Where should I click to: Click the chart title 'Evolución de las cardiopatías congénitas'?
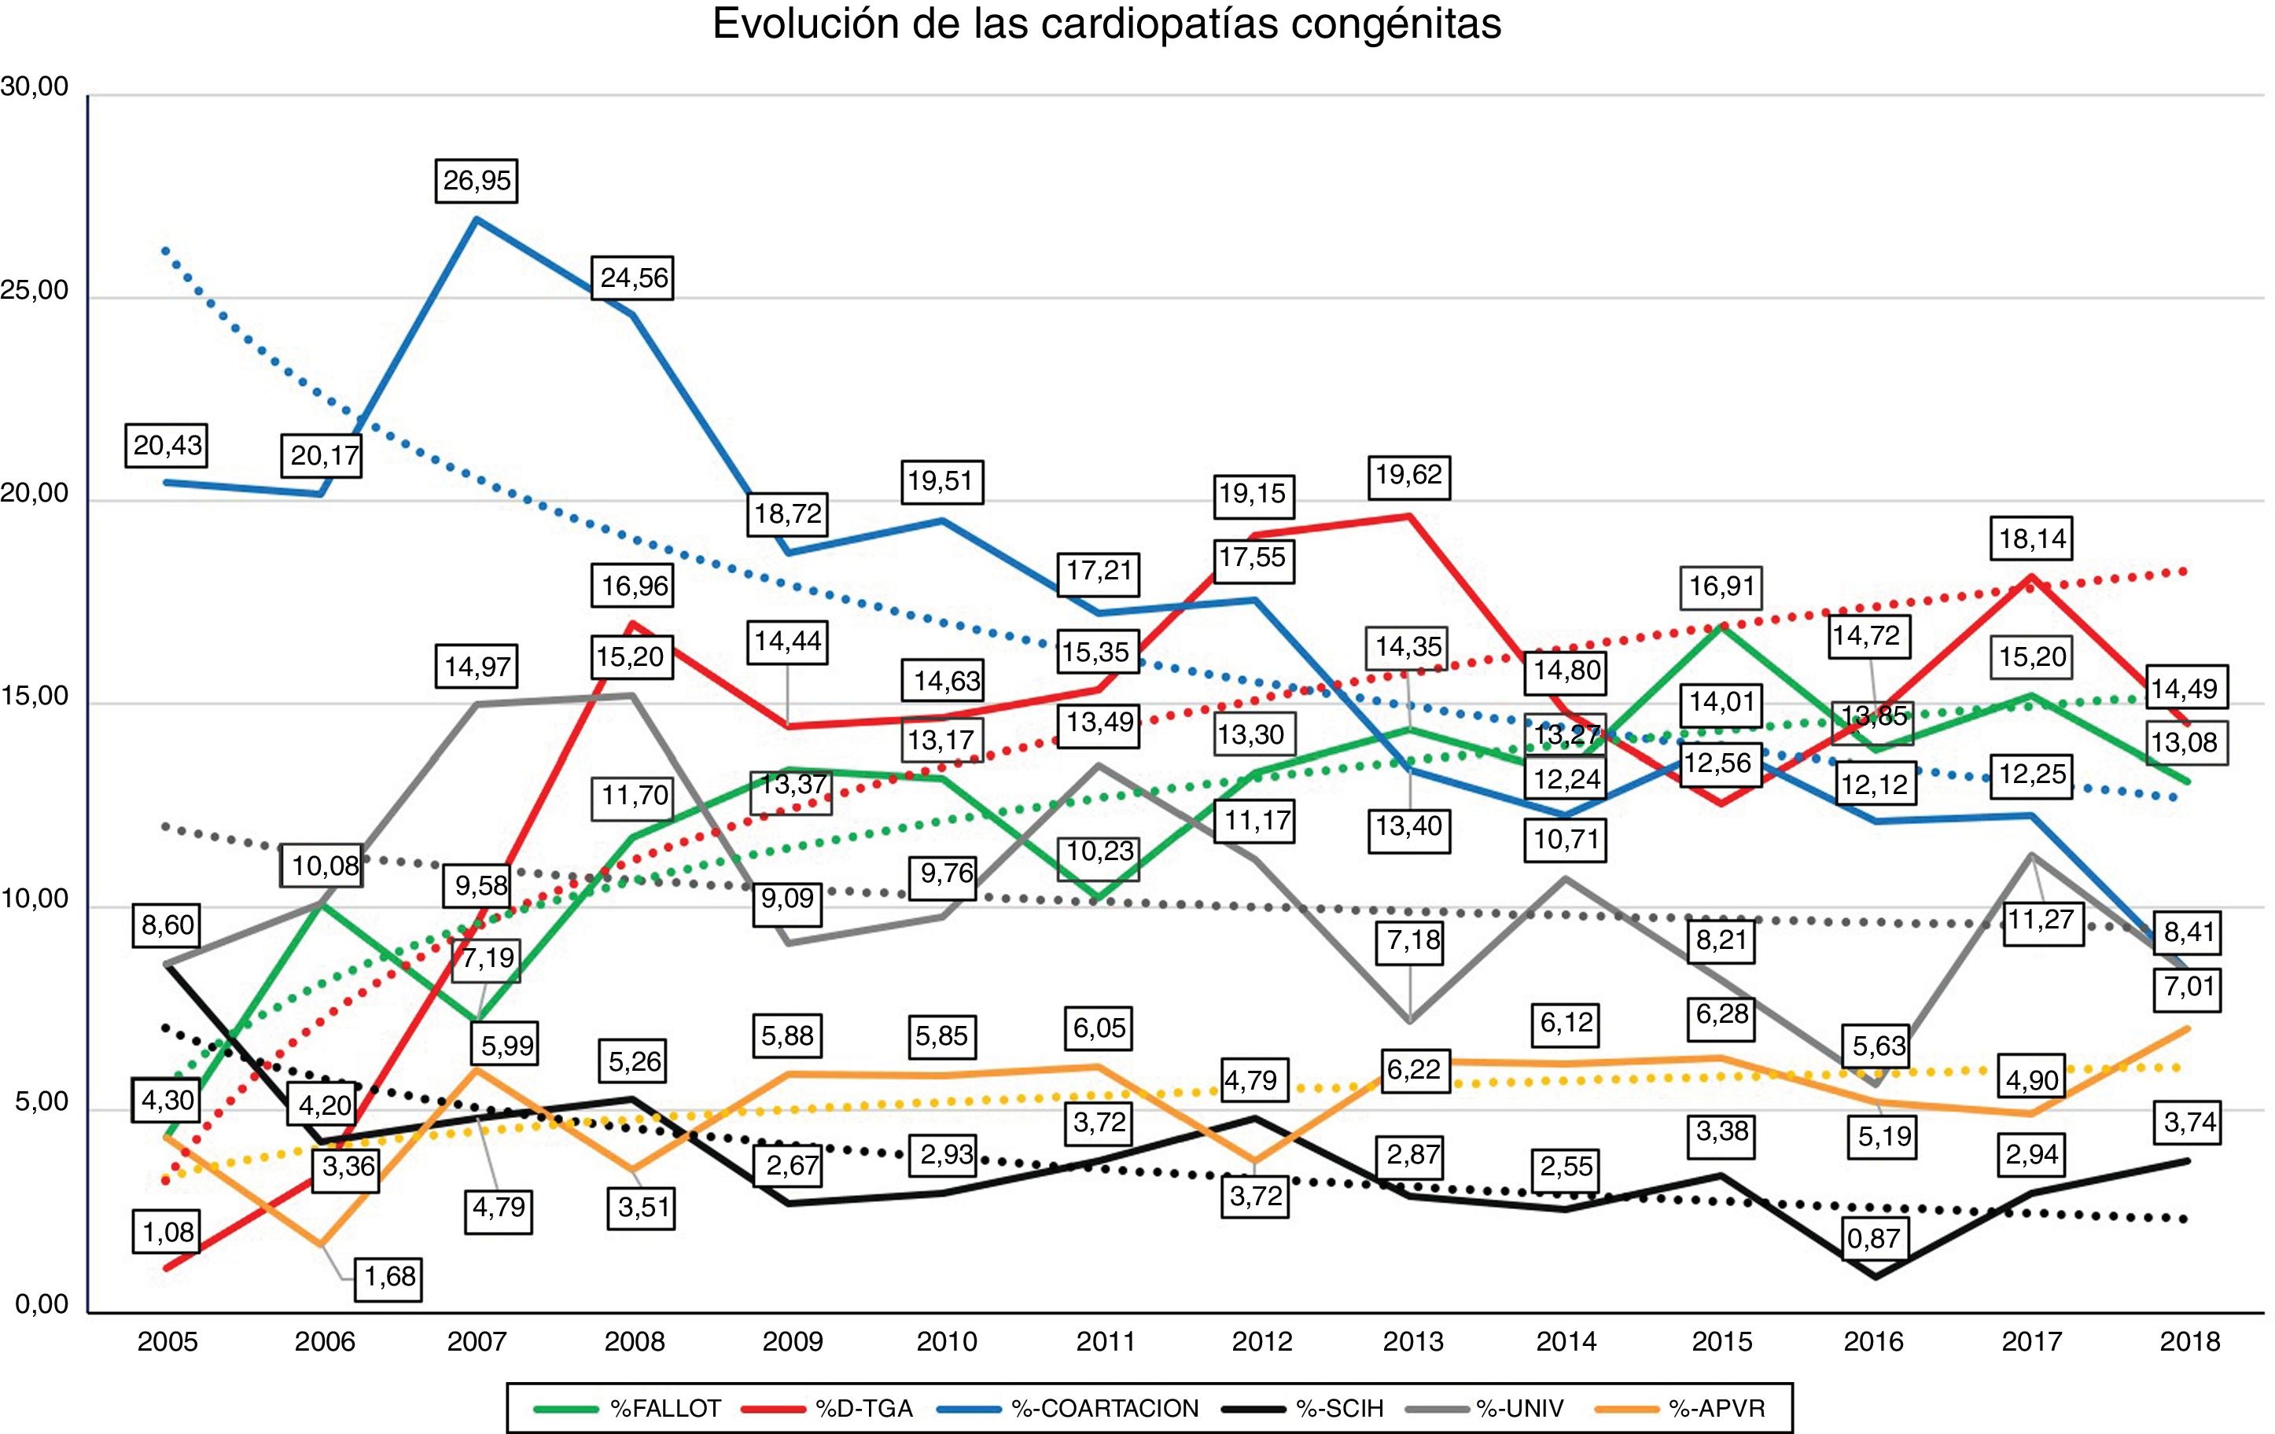[x=1106, y=24]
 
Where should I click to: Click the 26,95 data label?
[x=477, y=179]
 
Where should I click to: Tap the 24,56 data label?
[x=634, y=278]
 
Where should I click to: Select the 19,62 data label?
[x=1408, y=474]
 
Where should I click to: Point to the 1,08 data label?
[x=167, y=1232]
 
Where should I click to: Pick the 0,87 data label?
[x=1873, y=1237]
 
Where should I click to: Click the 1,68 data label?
[x=390, y=1278]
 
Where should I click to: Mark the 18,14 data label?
[x=2032, y=539]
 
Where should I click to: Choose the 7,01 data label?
[x=2189, y=987]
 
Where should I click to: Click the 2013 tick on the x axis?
[x=1412, y=1341]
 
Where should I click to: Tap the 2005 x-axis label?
[x=167, y=1341]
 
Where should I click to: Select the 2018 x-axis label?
[x=2189, y=1341]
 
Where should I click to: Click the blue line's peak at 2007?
[x=477, y=219]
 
